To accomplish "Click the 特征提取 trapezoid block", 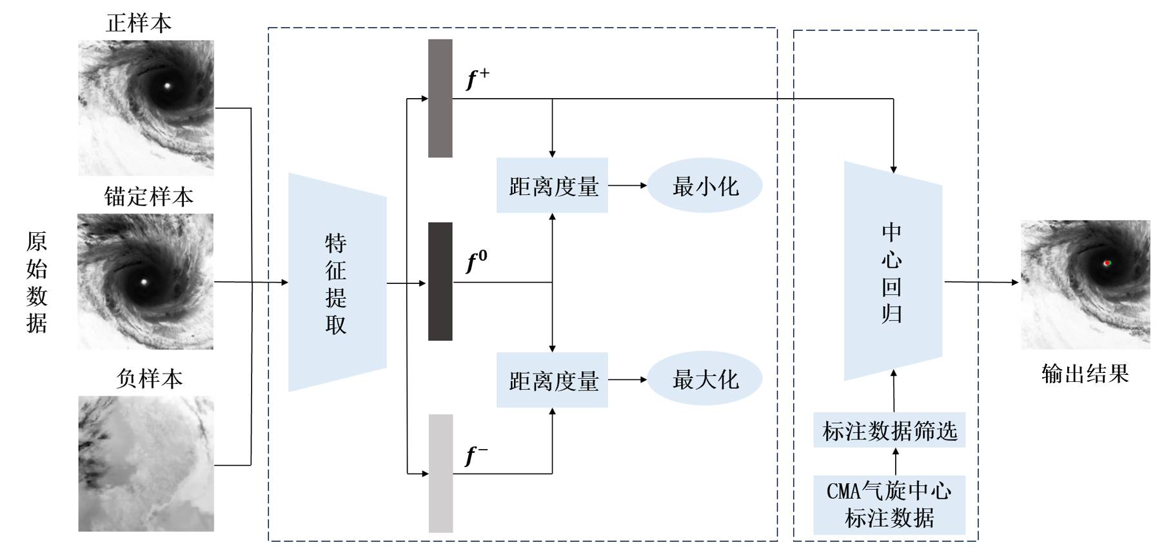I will click(337, 283).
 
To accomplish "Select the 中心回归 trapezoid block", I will click(893, 272).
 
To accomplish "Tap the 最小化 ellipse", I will click(705, 186).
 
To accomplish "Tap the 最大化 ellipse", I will click(705, 379).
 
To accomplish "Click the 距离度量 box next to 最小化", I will click(552, 186).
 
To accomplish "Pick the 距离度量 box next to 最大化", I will click(552, 380).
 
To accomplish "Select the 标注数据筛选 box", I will click(889, 430).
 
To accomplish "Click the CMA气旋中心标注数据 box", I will click(889, 505).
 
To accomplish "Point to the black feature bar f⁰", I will click(440, 281).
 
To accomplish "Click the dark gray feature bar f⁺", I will click(440, 98).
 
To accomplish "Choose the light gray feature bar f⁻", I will click(441, 473).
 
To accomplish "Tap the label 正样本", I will click(139, 23).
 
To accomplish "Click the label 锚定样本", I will click(148, 197).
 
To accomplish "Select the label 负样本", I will click(149, 379).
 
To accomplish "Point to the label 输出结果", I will click(1085, 374).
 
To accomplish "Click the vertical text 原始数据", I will click(37, 282).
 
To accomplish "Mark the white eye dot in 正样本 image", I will click(168, 85).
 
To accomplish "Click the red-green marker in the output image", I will click(1107, 263).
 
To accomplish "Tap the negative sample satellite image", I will click(146, 464).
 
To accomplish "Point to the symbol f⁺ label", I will click(477, 79).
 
